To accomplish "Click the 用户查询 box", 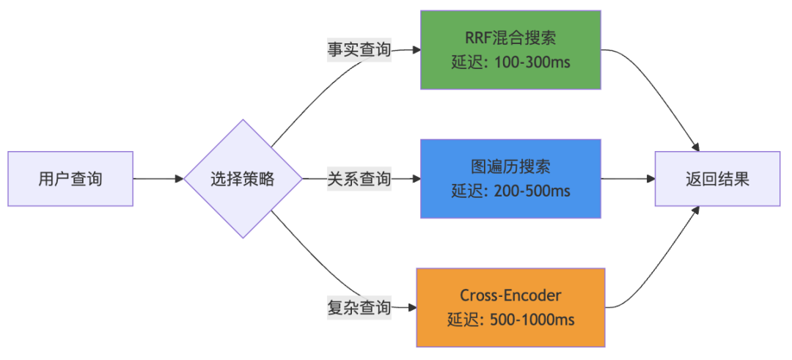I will (70, 178).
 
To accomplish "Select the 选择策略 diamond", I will (243, 178).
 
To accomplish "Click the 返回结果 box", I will (717, 178).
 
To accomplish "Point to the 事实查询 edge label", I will (359, 51).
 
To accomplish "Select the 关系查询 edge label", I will (359, 178).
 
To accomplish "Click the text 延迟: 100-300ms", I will (510, 62).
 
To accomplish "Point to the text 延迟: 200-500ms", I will (510, 191).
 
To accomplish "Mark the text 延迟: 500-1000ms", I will (510, 320).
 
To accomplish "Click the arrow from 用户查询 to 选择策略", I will (157, 178).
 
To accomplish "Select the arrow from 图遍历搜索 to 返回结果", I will (627, 178).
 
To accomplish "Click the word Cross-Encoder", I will (510, 295).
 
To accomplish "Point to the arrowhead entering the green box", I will (416, 51).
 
